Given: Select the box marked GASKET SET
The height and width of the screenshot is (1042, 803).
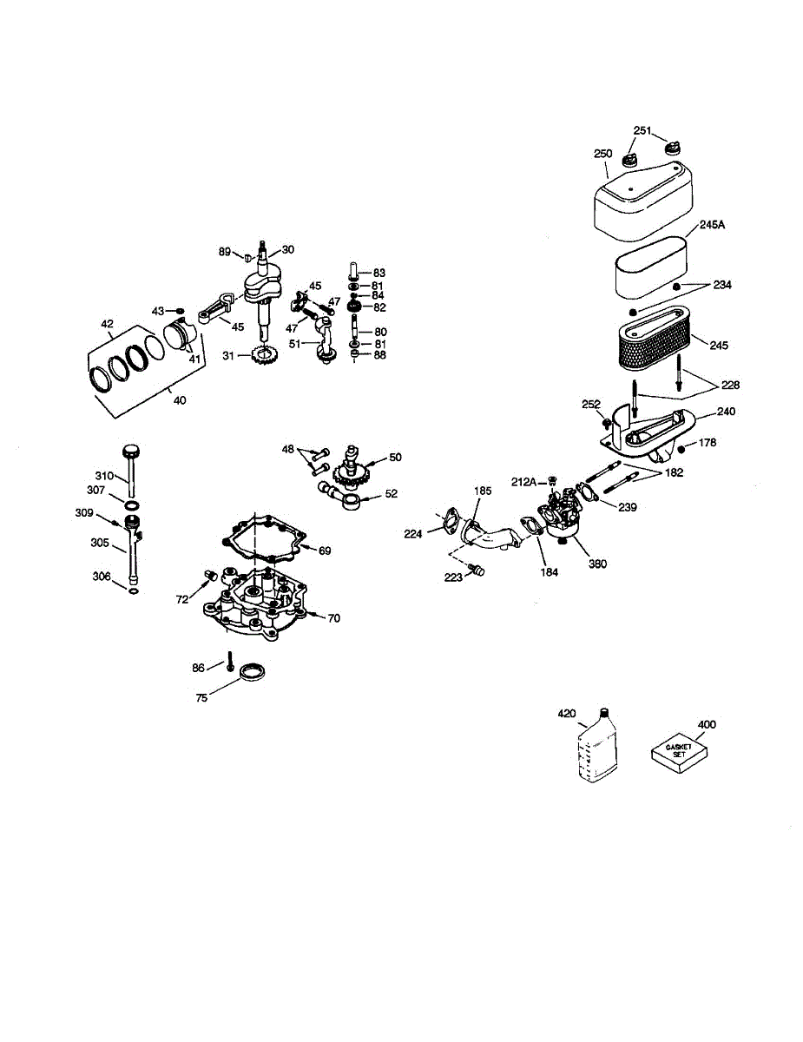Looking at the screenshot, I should [675, 752].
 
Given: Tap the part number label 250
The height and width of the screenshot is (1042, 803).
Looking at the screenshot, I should [603, 154].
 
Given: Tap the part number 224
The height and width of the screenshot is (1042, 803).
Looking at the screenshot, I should [413, 534].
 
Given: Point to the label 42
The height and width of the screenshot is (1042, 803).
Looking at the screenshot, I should [107, 324].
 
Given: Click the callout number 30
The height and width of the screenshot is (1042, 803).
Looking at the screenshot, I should [287, 249].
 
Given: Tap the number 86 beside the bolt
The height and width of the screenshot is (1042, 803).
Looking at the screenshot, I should [199, 668].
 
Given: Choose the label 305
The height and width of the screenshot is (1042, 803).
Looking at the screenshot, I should [100, 544].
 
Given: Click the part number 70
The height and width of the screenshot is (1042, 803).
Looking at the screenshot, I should [334, 618].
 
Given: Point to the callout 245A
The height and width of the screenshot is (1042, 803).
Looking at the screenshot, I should [712, 225].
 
